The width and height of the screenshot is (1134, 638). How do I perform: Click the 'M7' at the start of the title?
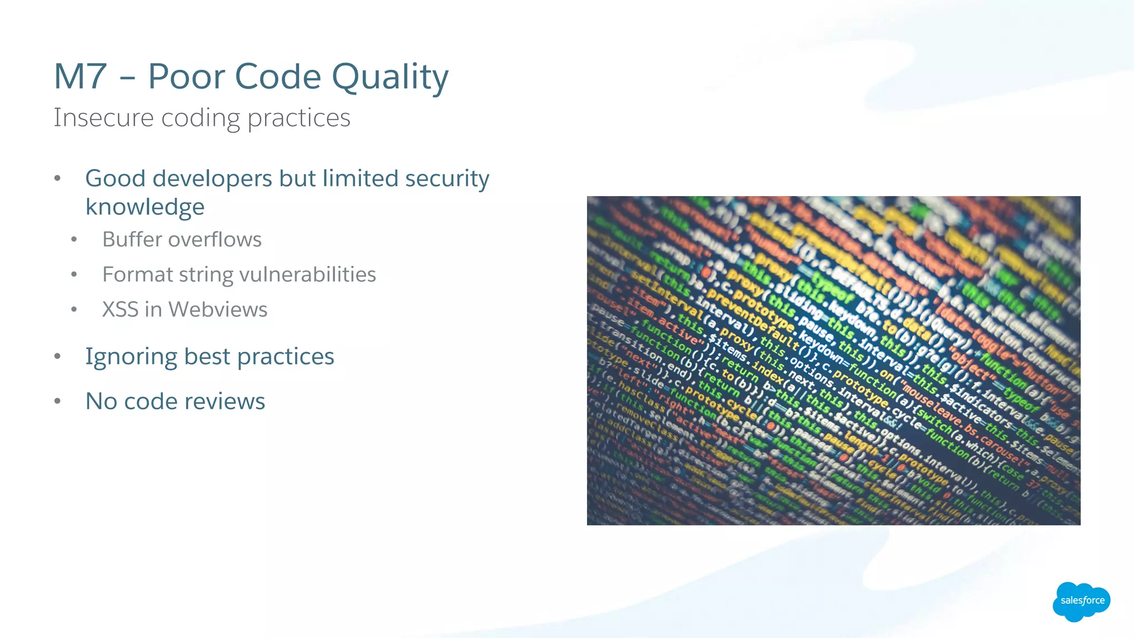[x=80, y=76]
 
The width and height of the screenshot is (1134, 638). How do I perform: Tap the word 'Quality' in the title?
[x=390, y=78]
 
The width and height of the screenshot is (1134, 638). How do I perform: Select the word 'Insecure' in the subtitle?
[x=103, y=117]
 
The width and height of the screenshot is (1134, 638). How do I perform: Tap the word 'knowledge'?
[x=145, y=207]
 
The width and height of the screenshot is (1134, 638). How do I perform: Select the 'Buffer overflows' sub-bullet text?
[x=182, y=239]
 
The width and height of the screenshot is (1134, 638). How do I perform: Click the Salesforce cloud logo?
[x=1081, y=601]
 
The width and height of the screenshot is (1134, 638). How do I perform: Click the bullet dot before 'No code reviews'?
[x=58, y=402]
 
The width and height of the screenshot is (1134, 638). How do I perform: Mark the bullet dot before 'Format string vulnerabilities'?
[x=74, y=275]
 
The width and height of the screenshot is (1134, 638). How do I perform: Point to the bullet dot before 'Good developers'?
[x=58, y=178]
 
